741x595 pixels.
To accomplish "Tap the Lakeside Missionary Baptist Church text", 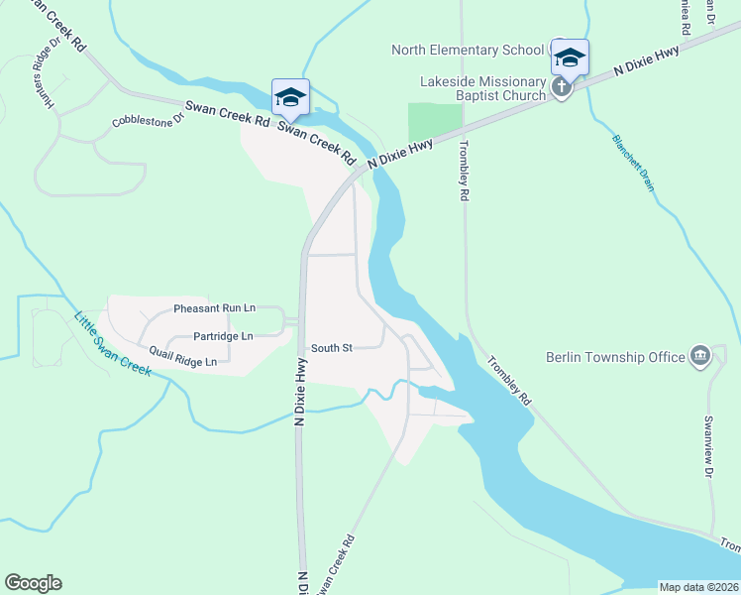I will [x=468, y=88].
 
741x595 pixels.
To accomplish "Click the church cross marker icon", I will [x=562, y=87].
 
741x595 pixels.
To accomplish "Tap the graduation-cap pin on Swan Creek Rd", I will [x=290, y=97].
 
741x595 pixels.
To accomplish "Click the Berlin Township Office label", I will [x=615, y=357].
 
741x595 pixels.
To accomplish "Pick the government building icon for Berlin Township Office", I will [x=700, y=355].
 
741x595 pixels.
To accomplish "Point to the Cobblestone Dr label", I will [x=149, y=121].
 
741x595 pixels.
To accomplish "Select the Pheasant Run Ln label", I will [x=214, y=309].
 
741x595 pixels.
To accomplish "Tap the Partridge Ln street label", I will [x=223, y=336].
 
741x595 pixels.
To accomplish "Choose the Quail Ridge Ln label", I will [x=183, y=356].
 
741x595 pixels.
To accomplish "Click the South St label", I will [x=332, y=348].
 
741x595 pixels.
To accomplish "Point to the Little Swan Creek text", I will [x=112, y=343].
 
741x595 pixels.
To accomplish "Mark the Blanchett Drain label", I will [x=633, y=163].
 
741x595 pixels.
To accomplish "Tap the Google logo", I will [x=33, y=583].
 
